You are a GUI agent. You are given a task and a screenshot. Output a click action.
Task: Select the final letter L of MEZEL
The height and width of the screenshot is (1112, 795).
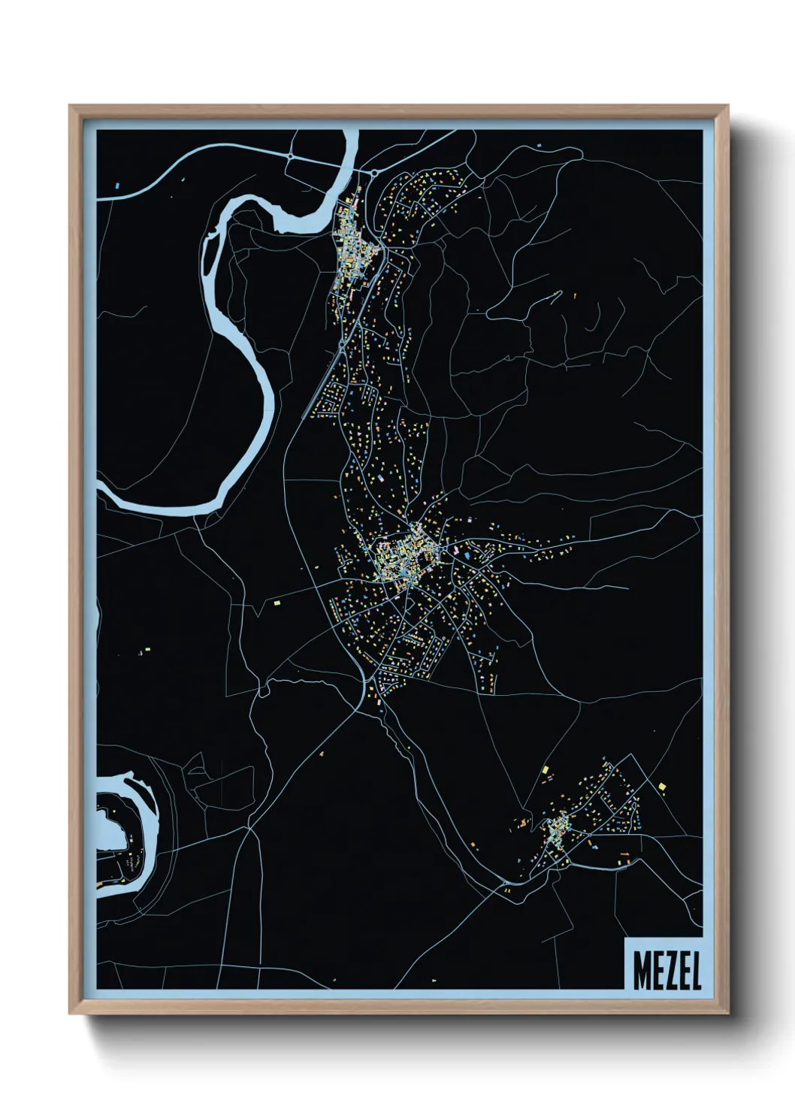pos(695,972)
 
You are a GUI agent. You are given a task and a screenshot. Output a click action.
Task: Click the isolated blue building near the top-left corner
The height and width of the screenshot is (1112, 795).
pos(117,184)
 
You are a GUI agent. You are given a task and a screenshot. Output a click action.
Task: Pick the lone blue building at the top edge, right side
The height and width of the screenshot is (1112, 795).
pos(538,143)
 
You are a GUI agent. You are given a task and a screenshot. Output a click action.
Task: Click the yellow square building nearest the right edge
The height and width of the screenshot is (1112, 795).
pos(662,786)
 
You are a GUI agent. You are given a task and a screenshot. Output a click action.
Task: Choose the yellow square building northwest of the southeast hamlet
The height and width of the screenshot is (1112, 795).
pos(546,769)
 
